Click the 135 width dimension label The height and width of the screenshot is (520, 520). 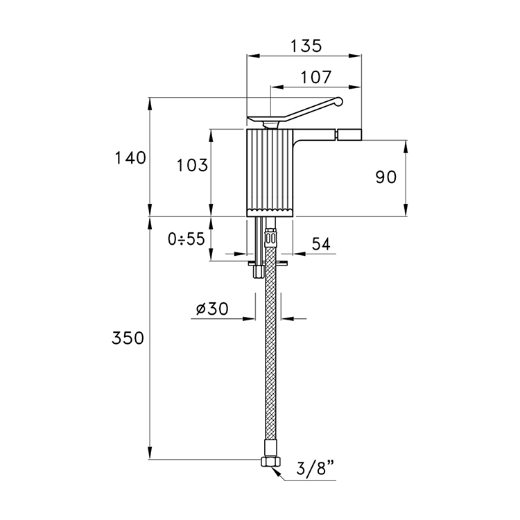coord(306,46)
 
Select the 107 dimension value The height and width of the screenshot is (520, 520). coord(315,77)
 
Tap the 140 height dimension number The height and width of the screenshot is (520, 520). coord(130,158)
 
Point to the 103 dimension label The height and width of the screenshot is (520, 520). coord(192,165)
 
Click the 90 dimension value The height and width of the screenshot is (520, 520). coord(385,177)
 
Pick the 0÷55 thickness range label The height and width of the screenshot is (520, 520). coord(187,239)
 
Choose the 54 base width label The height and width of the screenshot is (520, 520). coord(321,244)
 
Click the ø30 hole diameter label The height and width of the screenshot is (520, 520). coord(212,309)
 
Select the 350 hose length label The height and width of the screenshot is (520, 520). coord(128,338)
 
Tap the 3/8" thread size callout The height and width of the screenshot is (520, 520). coord(315,469)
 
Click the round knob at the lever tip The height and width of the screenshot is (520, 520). coord(338,101)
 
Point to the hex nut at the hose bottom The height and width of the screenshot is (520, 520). coord(270,461)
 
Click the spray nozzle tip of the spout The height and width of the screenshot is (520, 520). coord(349,135)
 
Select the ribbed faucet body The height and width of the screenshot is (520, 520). coord(270,173)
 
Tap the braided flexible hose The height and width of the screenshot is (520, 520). coord(270,342)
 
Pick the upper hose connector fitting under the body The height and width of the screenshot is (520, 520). coord(270,235)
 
